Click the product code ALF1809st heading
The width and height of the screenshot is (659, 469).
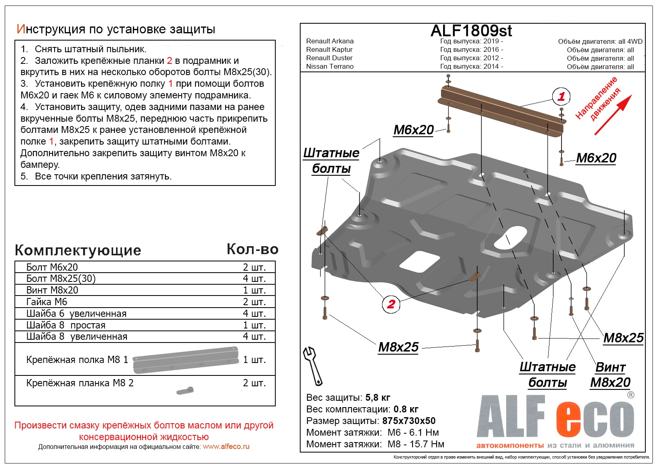click(x=471, y=31)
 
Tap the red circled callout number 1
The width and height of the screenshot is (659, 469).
click(x=561, y=96)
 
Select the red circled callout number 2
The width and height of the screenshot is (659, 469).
click(x=391, y=304)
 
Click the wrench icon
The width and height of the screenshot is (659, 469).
click(x=313, y=365)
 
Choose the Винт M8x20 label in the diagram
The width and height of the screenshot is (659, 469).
click(x=610, y=375)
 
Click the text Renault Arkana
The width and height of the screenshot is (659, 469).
click(x=330, y=41)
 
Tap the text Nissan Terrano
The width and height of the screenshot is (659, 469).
click(x=330, y=66)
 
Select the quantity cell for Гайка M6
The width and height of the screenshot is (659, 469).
click(x=254, y=302)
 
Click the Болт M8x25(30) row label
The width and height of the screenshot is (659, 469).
click(x=61, y=278)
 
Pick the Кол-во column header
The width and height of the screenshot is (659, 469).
click(x=252, y=249)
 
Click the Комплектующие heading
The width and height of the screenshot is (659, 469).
click(x=78, y=250)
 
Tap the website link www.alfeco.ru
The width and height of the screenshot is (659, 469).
click(x=226, y=447)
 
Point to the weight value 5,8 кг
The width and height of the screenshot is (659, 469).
click(x=378, y=398)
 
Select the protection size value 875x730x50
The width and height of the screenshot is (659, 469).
click(x=409, y=421)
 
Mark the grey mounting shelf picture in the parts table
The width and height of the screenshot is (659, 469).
click(x=185, y=359)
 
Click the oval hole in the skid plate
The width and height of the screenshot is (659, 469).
click(x=511, y=237)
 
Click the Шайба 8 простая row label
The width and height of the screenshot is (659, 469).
click(x=66, y=325)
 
